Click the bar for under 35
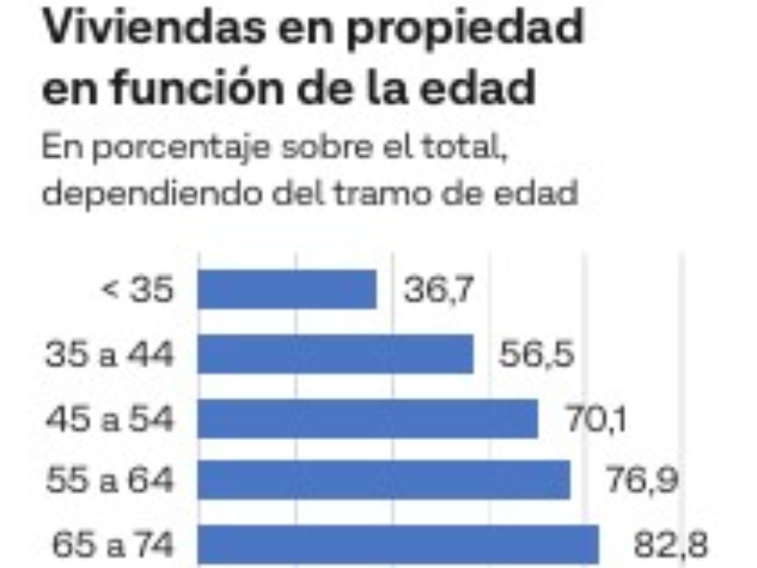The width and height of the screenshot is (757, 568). pyautogui.click(x=287, y=289)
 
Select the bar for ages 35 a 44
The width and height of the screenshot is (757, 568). pyautogui.click(x=335, y=354)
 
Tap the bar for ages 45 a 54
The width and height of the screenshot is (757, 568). pyautogui.click(x=367, y=419)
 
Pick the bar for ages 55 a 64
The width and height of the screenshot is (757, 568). pyautogui.click(x=384, y=480)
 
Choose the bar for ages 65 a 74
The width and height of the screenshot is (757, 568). pyautogui.click(x=398, y=545)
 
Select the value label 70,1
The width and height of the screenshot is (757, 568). pyautogui.click(x=597, y=419)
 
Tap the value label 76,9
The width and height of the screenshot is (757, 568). pyautogui.click(x=641, y=481)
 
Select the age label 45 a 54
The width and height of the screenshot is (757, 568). pyautogui.click(x=109, y=419)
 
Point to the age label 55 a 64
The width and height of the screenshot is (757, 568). pyautogui.click(x=109, y=481)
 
